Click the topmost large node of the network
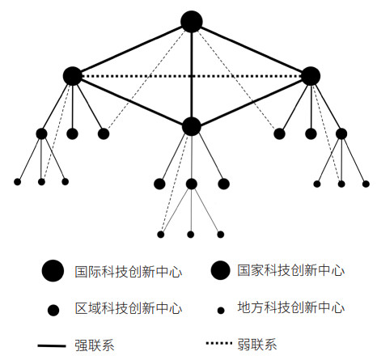pyautogui.click(x=192, y=22)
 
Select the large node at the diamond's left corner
pyautogui.click(x=73, y=76)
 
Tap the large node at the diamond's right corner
pyautogui.click(x=311, y=76)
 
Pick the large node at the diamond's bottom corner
pyautogui.click(x=192, y=126)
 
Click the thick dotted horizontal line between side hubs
pyautogui.click(x=192, y=76)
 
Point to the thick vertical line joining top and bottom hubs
pyautogui.click(x=192, y=74)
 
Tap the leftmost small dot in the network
pyautogui.click(x=17, y=182)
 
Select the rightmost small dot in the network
pyautogui.click(x=366, y=184)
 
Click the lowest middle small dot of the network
pyautogui.click(x=191, y=235)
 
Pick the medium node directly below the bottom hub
pyautogui.click(x=192, y=184)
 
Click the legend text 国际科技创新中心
pyautogui.click(x=129, y=272)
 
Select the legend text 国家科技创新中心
pyautogui.click(x=291, y=270)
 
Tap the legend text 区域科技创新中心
pyautogui.click(x=129, y=308)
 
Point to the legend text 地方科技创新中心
pyautogui.click(x=291, y=307)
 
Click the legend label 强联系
pyautogui.click(x=95, y=345)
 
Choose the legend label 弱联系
pyautogui.click(x=257, y=345)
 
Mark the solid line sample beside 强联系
pyautogui.click(x=52, y=345)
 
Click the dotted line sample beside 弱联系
pyautogui.click(x=219, y=343)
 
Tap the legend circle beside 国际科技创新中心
pyautogui.click(x=53, y=271)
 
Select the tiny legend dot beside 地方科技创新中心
pyautogui.click(x=221, y=311)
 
